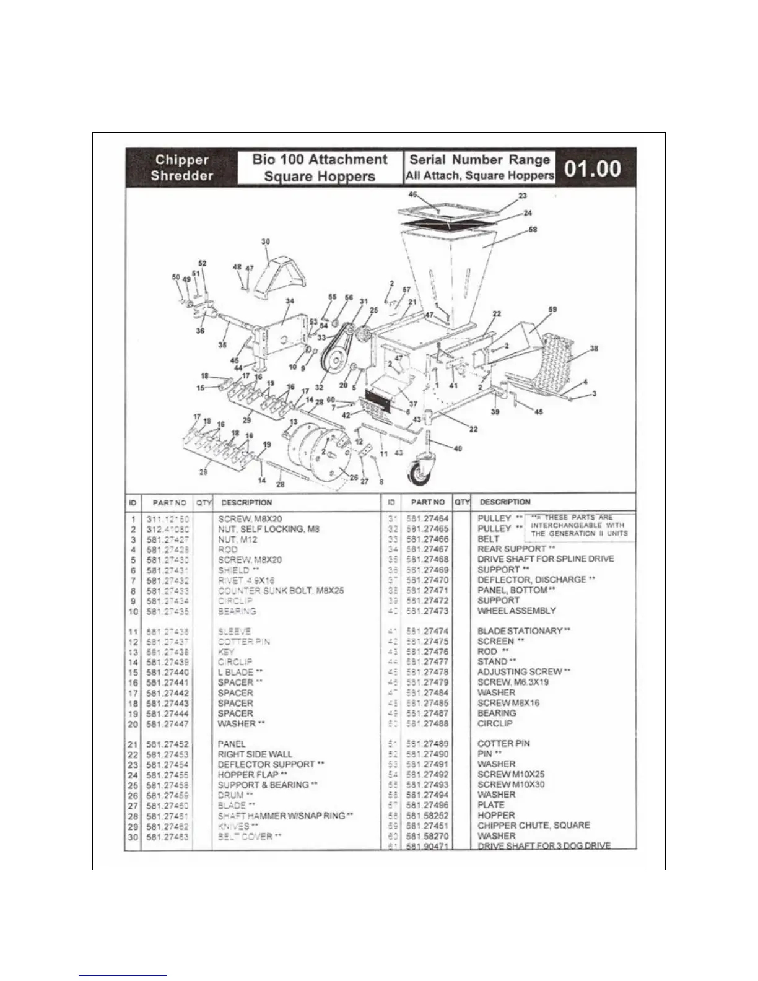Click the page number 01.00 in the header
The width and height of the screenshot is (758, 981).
click(x=592, y=168)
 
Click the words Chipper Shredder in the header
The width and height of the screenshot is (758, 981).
click(x=181, y=168)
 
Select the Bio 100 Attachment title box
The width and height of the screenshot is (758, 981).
click(x=320, y=168)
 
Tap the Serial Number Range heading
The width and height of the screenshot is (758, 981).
click(x=479, y=160)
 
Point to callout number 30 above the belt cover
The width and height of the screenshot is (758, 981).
click(x=266, y=242)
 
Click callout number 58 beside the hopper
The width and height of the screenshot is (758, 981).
click(x=533, y=230)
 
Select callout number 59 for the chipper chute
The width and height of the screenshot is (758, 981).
click(x=553, y=309)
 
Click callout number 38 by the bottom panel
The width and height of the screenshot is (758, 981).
click(x=594, y=349)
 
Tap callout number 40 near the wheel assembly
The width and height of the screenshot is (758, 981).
click(x=458, y=448)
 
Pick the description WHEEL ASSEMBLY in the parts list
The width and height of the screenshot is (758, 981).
click(x=516, y=611)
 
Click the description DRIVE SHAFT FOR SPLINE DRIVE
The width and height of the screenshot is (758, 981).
click(x=546, y=559)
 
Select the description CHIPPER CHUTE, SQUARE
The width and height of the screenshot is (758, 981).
click(x=533, y=826)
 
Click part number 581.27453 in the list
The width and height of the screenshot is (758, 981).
click(x=168, y=754)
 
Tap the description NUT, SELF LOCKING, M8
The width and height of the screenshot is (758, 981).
click(x=269, y=529)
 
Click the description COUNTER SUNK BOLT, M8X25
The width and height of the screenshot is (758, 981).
click(x=281, y=591)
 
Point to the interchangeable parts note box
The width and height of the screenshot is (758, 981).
click(x=579, y=525)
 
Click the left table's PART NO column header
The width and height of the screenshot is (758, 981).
click(x=169, y=503)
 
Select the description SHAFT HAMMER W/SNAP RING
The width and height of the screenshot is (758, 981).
click(x=285, y=816)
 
